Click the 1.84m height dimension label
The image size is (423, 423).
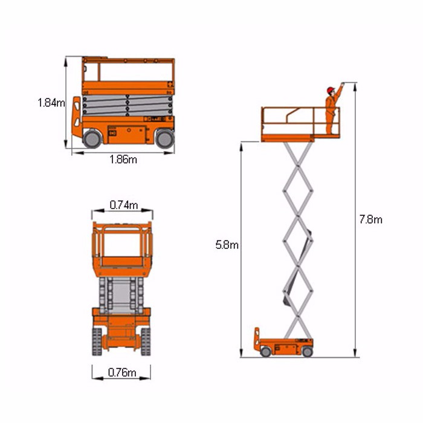pos(51,103)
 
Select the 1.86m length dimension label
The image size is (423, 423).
pos(123,160)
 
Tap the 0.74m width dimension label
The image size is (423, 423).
pos(124,205)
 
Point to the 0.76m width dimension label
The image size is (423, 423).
pos(122,373)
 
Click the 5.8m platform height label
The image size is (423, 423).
pos(227,245)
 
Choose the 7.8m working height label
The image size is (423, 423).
pos(370,219)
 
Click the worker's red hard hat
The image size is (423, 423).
pos(330,90)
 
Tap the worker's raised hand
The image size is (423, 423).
pos(343,84)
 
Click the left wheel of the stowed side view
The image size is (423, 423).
pos(92,139)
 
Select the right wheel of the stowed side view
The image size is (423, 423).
pos(165,139)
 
